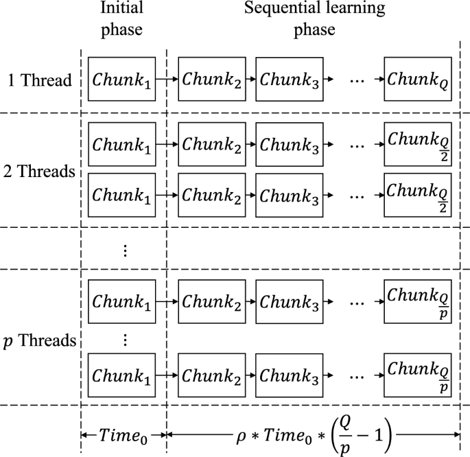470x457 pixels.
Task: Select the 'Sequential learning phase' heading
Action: tap(314, 19)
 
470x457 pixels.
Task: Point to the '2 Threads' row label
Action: tap(38, 171)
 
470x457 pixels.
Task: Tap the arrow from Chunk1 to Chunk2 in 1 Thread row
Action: tap(167, 80)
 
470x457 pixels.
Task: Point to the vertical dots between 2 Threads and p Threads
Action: tap(124, 249)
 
